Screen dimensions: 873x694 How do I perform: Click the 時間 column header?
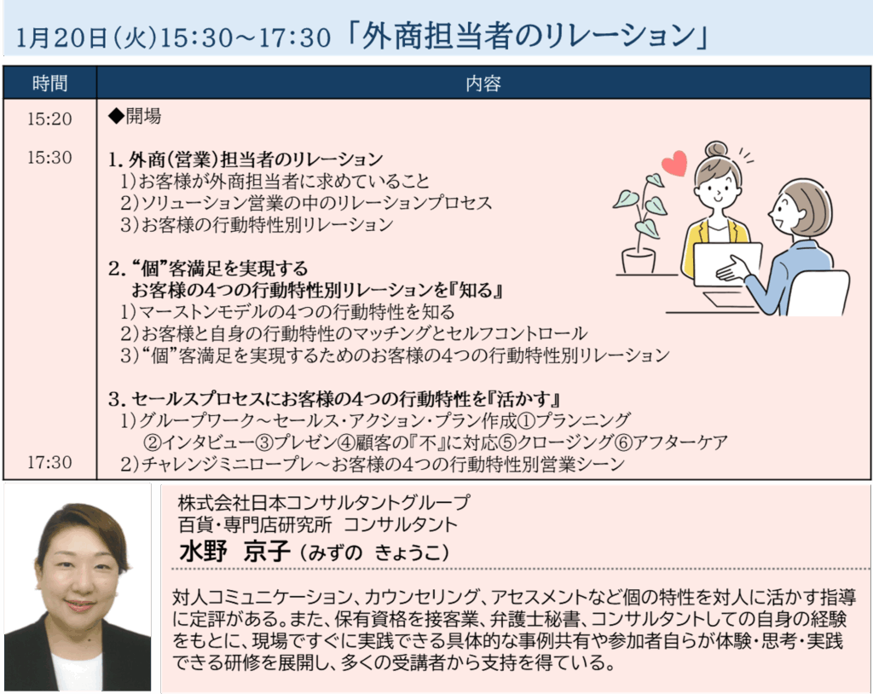click(x=49, y=83)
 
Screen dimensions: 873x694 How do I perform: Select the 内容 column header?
click(x=483, y=83)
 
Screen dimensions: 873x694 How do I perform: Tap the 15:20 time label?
click(x=49, y=119)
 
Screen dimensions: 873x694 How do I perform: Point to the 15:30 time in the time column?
click(x=49, y=158)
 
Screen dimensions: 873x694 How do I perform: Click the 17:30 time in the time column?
click(x=49, y=462)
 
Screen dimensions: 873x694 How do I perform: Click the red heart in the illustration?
click(x=674, y=163)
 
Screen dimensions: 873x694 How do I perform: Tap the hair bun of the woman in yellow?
click(x=716, y=150)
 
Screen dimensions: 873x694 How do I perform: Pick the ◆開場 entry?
click(x=135, y=117)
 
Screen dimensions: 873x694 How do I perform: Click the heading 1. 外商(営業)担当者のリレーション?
click(x=246, y=159)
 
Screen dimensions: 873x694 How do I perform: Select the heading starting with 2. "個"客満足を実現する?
click(x=208, y=269)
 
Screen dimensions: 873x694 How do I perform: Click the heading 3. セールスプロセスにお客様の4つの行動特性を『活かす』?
click(x=334, y=399)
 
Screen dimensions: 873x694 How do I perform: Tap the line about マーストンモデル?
click(x=287, y=312)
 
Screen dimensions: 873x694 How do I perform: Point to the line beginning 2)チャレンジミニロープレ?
click(x=373, y=464)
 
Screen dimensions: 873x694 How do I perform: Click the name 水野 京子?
click(x=234, y=552)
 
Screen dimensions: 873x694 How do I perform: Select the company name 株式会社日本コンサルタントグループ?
click(x=324, y=503)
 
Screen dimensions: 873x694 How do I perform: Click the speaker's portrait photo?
click(x=78, y=588)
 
